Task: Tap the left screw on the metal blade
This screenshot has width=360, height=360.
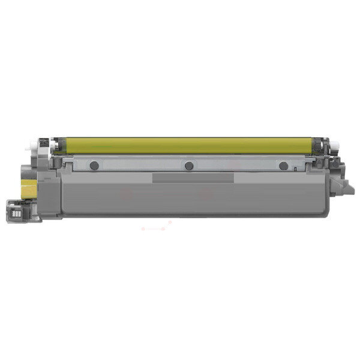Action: [x=93, y=165]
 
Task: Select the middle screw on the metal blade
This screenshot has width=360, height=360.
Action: [x=188, y=166]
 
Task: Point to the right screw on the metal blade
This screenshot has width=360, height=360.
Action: [x=283, y=165]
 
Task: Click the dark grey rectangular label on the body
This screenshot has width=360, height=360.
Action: [x=193, y=178]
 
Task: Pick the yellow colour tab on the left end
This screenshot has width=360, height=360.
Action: [x=28, y=191]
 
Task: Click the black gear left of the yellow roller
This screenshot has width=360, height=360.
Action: [x=43, y=145]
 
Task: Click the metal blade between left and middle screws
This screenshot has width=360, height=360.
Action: [x=141, y=166]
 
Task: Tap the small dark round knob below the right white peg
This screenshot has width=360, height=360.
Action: [x=332, y=157]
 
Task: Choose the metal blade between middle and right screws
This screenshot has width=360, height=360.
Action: [x=236, y=166]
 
